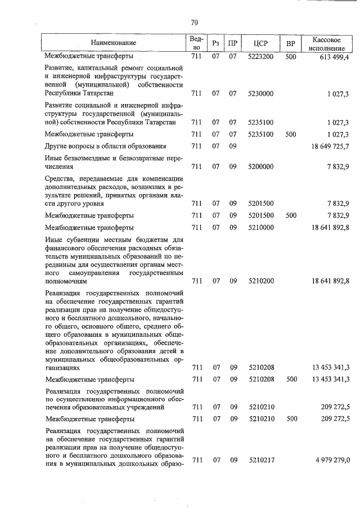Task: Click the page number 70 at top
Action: [x=194, y=22]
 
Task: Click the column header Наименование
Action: [x=114, y=43]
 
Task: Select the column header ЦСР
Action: [x=260, y=43]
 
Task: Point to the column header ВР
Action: [x=291, y=43]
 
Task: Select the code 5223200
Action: [x=260, y=57]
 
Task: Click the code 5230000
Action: [x=260, y=93]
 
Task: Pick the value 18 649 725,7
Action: [x=328, y=147]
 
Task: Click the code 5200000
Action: [x=260, y=167]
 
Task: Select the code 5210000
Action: [x=260, y=228]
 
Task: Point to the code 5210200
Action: [x=260, y=281]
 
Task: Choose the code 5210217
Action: [x=260, y=460]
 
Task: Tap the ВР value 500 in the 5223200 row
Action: [x=291, y=57]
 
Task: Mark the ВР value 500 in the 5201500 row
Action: [x=291, y=215]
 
